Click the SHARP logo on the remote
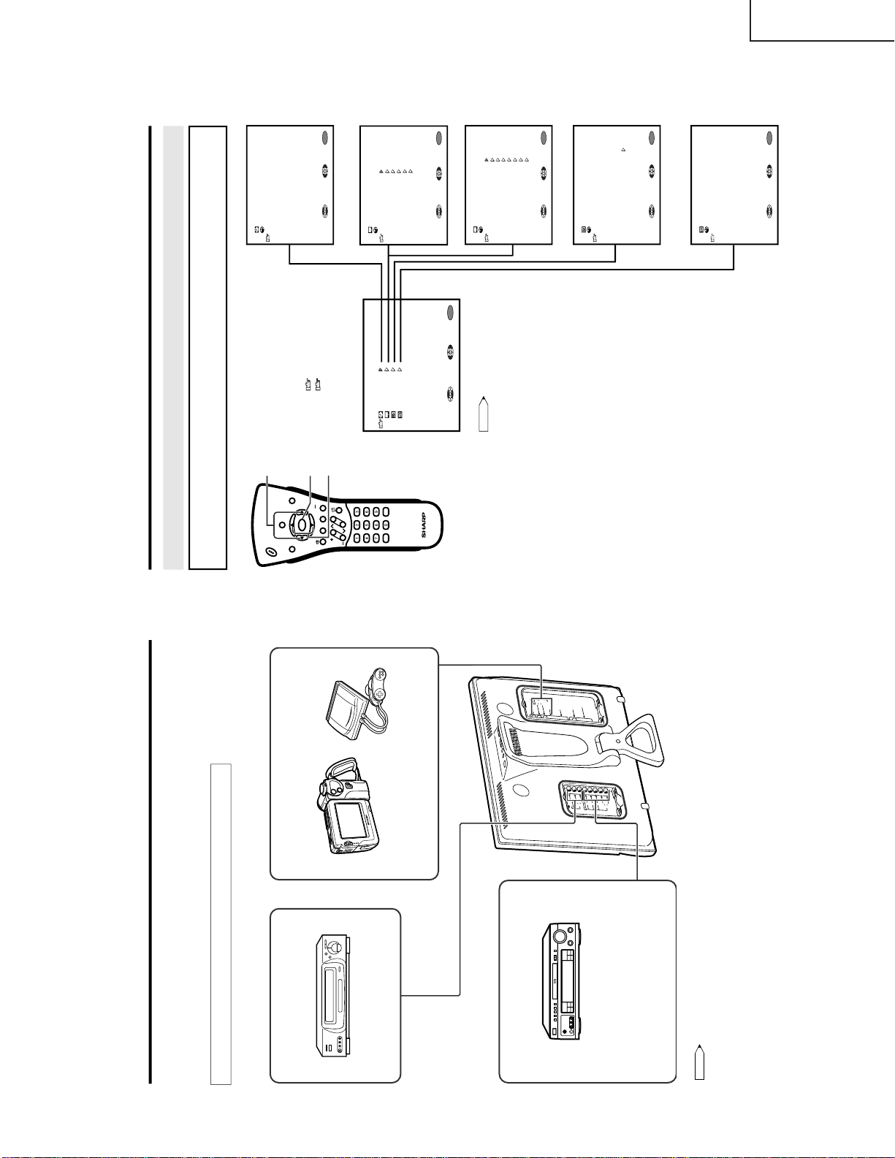423,525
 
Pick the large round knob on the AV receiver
561,936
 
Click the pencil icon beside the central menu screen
482,414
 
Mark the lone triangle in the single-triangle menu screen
623,149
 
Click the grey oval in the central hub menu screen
450,313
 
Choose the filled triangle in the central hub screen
381,370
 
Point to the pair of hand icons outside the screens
313,384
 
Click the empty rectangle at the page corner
822,20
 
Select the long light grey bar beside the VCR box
221,923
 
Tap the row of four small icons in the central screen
391,415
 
